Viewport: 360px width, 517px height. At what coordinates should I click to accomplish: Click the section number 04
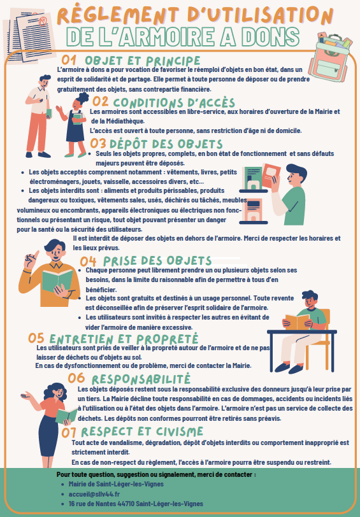[89, 260]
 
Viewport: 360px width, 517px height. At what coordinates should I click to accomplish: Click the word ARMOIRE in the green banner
[191, 36]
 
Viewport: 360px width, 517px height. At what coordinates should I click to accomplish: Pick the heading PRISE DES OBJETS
[157, 260]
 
